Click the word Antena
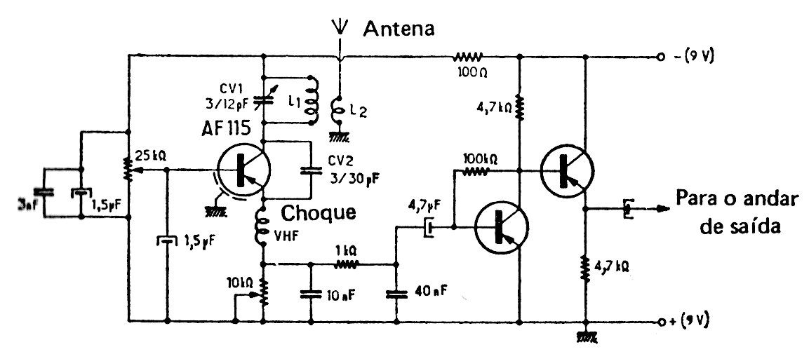tap(399, 29)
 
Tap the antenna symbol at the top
tap(340, 28)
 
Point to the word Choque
tap(319, 212)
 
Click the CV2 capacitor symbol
tap(309, 170)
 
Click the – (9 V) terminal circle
tap(660, 57)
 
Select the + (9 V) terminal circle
tap(660, 322)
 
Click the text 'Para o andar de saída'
tap(736, 212)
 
